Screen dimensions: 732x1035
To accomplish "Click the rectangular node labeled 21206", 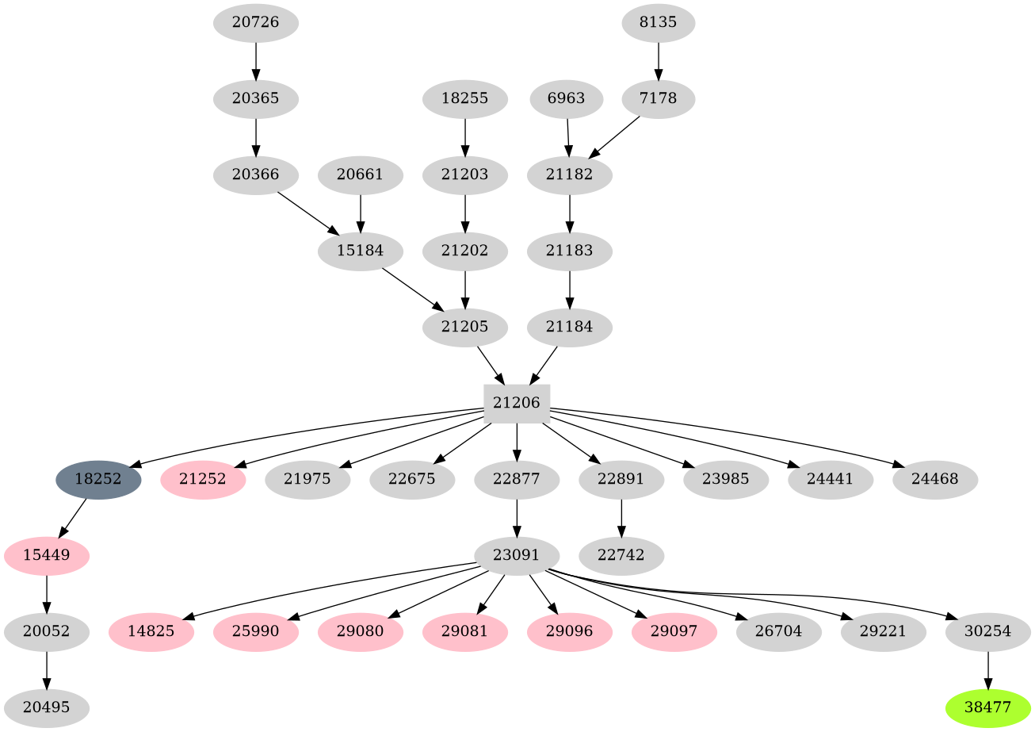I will [x=517, y=404].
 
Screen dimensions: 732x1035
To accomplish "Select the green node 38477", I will [x=987, y=708].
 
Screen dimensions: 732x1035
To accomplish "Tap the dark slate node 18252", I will [x=98, y=480].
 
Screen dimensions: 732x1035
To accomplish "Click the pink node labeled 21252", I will [x=203, y=480].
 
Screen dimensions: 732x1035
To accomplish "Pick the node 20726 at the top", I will [x=255, y=23].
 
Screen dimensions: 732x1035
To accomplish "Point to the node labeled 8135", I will [x=658, y=23].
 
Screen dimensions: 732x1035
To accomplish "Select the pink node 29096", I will [x=570, y=632].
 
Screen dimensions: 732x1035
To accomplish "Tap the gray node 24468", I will [x=934, y=480].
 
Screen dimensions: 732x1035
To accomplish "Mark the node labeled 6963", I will [x=567, y=99].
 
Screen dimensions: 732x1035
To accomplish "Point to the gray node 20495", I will [x=46, y=708].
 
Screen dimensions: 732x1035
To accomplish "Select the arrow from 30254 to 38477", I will [x=987, y=670].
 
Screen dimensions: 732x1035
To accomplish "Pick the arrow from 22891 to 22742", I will [x=621, y=518].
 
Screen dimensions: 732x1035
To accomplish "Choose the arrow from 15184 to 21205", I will [x=412, y=289].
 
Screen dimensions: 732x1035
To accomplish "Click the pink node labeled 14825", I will [x=151, y=632].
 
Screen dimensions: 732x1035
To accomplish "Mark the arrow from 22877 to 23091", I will [x=517, y=518].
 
